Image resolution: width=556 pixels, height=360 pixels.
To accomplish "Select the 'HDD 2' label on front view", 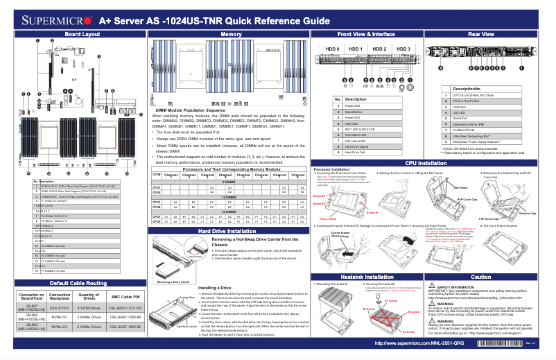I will click(379, 49).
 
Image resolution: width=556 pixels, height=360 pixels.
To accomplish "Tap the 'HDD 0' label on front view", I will click(332, 49).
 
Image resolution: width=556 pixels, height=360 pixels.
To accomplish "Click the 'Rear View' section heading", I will click(481, 33).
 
